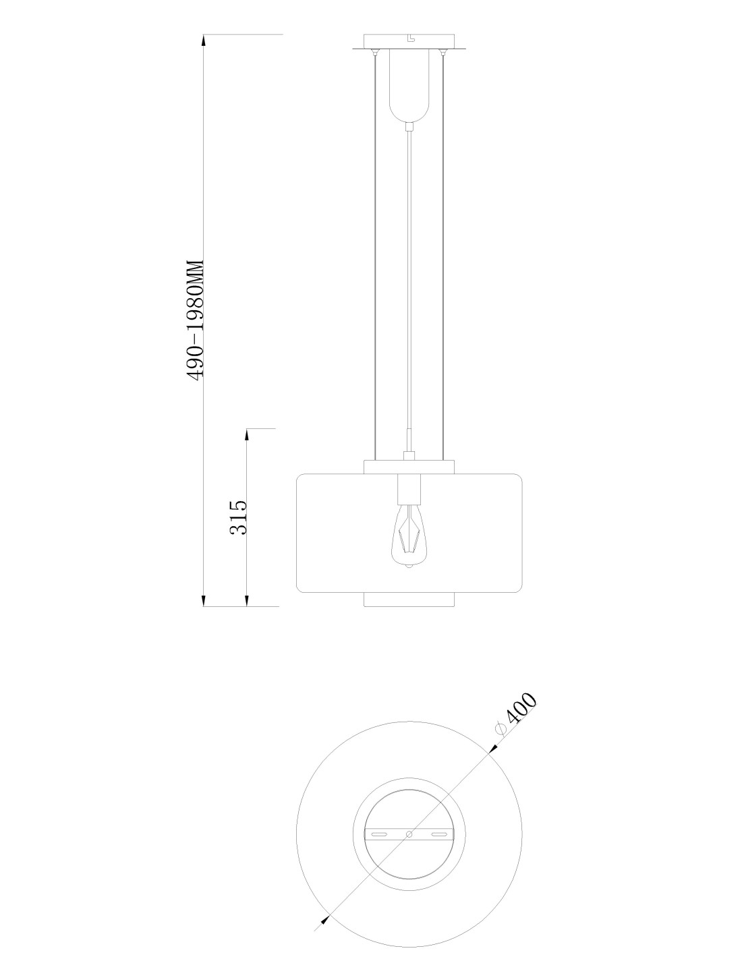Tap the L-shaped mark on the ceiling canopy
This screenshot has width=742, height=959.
(411, 39)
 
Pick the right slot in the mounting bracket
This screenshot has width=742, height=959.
(440, 834)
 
